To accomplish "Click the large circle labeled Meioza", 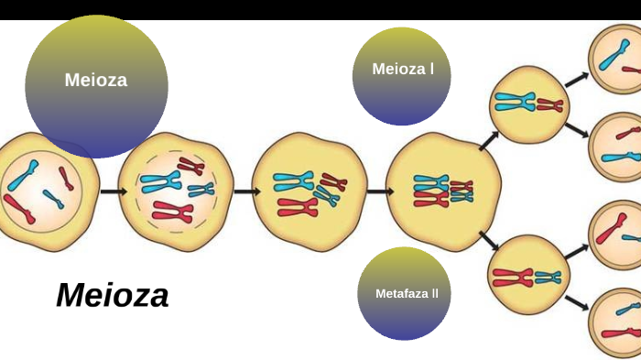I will tap(96, 85).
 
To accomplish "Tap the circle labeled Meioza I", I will tap(401, 76).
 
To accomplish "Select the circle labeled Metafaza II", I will tap(404, 293).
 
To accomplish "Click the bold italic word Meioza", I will tap(113, 295).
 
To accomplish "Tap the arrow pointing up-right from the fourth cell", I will tap(488, 139).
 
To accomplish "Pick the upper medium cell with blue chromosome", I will tap(529, 104).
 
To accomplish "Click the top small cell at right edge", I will tap(616, 59).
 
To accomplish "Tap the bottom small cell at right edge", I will tap(616, 323).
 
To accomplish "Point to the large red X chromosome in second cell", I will tap(173, 213).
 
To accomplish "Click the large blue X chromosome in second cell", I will tap(161, 180).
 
